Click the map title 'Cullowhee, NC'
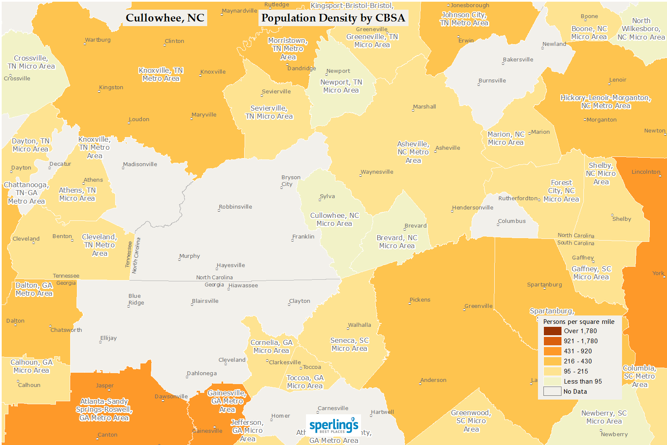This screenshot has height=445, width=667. pyautogui.click(x=165, y=18)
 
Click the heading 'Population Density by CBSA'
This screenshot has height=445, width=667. pyautogui.click(x=333, y=18)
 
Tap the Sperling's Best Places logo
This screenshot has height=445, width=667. pyautogui.click(x=334, y=426)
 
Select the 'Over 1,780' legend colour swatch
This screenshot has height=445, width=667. pyautogui.click(x=552, y=331)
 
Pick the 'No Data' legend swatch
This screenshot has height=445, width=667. pyautogui.click(x=552, y=392)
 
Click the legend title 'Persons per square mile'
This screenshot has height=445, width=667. pyautogui.click(x=578, y=322)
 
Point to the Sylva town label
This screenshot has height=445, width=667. pyautogui.click(x=327, y=196)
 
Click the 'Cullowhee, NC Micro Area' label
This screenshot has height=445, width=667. pyautogui.click(x=335, y=220)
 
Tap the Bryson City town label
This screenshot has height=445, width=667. pyautogui.click(x=290, y=180)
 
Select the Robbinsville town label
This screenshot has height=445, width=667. pyautogui.click(x=235, y=207)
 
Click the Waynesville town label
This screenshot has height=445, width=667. pyautogui.click(x=377, y=172)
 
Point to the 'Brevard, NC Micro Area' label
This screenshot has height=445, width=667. pyautogui.click(x=397, y=242)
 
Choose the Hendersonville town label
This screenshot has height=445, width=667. pyautogui.click(x=473, y=208)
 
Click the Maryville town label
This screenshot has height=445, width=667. pyautogui.click(x=204, y=115)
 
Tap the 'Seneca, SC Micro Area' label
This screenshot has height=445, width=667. pyautogui.click(x=349, y=344)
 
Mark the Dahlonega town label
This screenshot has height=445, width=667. pyautogui.click(x=202, y=373)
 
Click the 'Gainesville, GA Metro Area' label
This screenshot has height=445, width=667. pyautogui.click(x=227, y=401)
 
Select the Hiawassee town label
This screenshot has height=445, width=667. pyautogui.click(x=243, y=286)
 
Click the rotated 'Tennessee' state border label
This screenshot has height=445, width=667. pyautogui.click(x=129, y=254)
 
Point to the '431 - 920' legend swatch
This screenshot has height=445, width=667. pyautogui.click(x=552, y=351)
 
